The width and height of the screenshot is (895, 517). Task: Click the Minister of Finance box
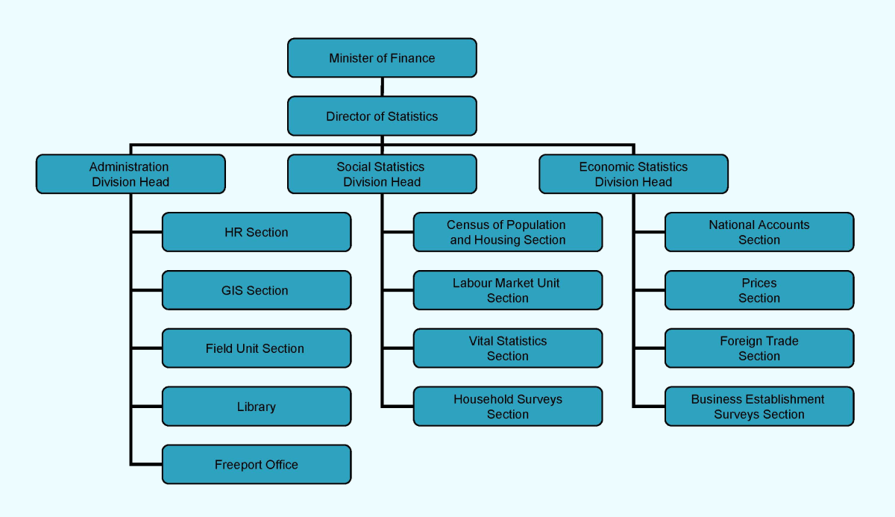382,58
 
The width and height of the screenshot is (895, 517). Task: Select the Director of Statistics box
382,116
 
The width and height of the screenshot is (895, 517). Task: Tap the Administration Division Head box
131,175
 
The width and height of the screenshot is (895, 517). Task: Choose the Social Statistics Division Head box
382,175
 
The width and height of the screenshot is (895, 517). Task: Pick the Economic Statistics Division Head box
633,175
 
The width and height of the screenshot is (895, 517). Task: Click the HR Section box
256,233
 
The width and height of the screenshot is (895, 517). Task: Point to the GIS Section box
256,291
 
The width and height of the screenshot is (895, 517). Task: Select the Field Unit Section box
256,348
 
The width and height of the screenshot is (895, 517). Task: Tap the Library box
256,407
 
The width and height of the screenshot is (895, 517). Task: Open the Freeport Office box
256,465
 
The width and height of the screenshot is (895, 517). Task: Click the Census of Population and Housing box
507,233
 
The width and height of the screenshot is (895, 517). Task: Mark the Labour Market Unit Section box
507,291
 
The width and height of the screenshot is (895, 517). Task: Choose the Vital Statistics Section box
507,348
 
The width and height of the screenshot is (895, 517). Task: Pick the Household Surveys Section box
507,407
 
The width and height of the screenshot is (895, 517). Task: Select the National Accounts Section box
759,233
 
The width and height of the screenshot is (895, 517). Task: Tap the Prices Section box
759,291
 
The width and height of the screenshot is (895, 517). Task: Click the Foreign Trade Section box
759,348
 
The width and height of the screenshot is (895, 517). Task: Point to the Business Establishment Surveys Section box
759,407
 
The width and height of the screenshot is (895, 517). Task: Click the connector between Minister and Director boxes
382,87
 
